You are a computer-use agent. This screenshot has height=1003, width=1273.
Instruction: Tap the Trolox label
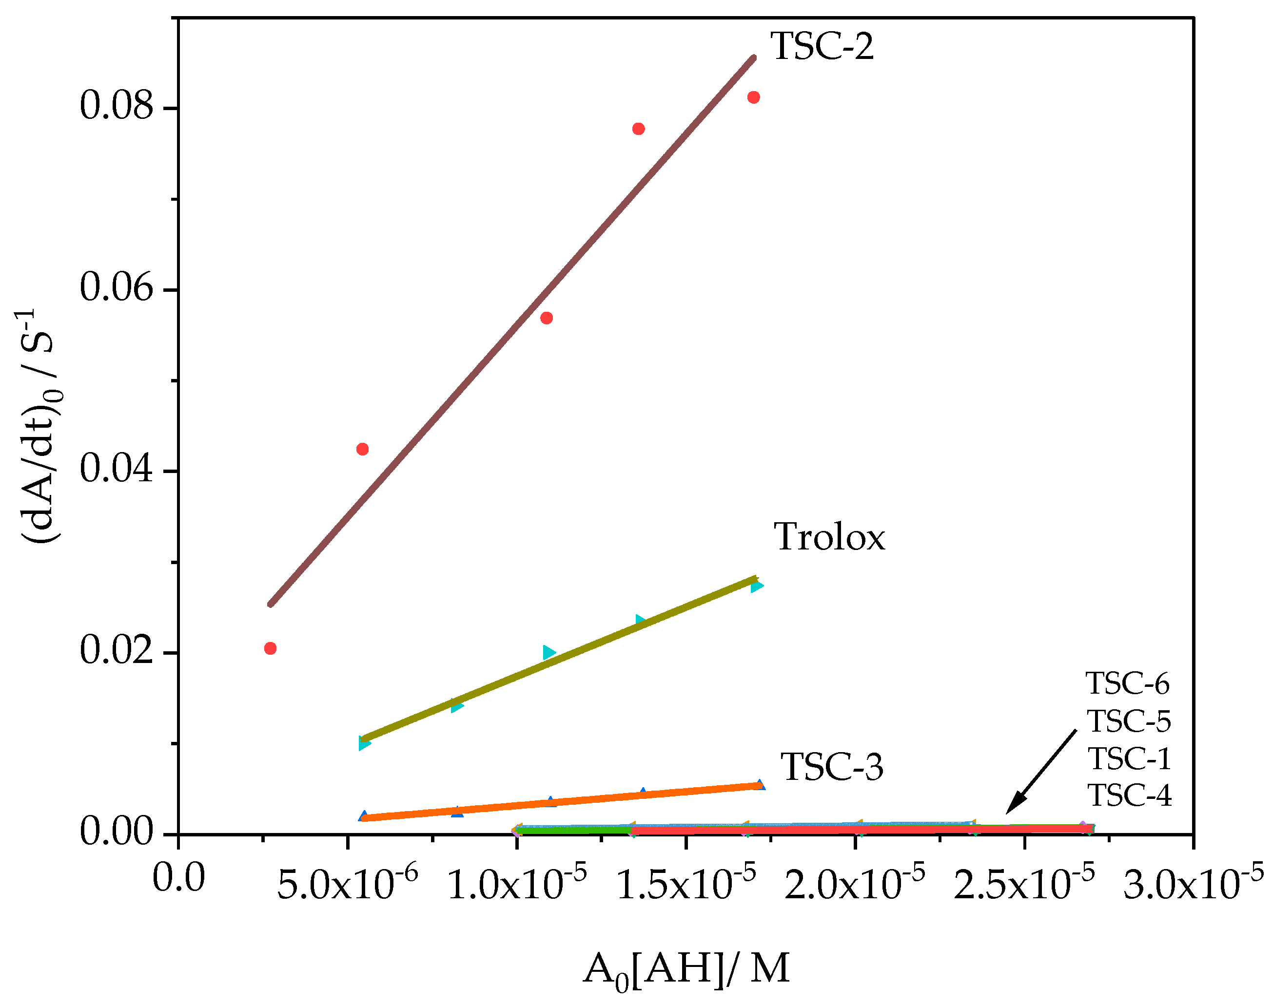coord(829,537)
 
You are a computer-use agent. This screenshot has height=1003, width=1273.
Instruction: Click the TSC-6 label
coord(1127,683)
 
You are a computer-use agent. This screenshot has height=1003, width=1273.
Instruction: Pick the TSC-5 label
coord(1128,721)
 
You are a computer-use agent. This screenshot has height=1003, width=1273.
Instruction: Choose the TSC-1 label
coord(1128,759)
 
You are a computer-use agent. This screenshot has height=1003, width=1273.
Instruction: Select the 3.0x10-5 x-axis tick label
coord(1193,883)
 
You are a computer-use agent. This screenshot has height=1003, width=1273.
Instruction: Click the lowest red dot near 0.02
coord(271,648)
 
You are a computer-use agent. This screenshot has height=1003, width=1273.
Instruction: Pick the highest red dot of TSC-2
coord(753,97)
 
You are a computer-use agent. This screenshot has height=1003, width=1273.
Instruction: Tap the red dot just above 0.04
coord(363,449)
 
